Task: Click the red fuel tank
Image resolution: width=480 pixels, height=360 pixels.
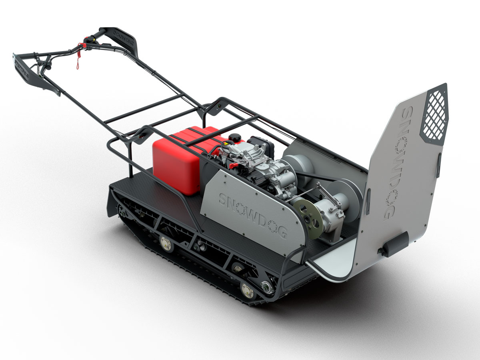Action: pos(176,160)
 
